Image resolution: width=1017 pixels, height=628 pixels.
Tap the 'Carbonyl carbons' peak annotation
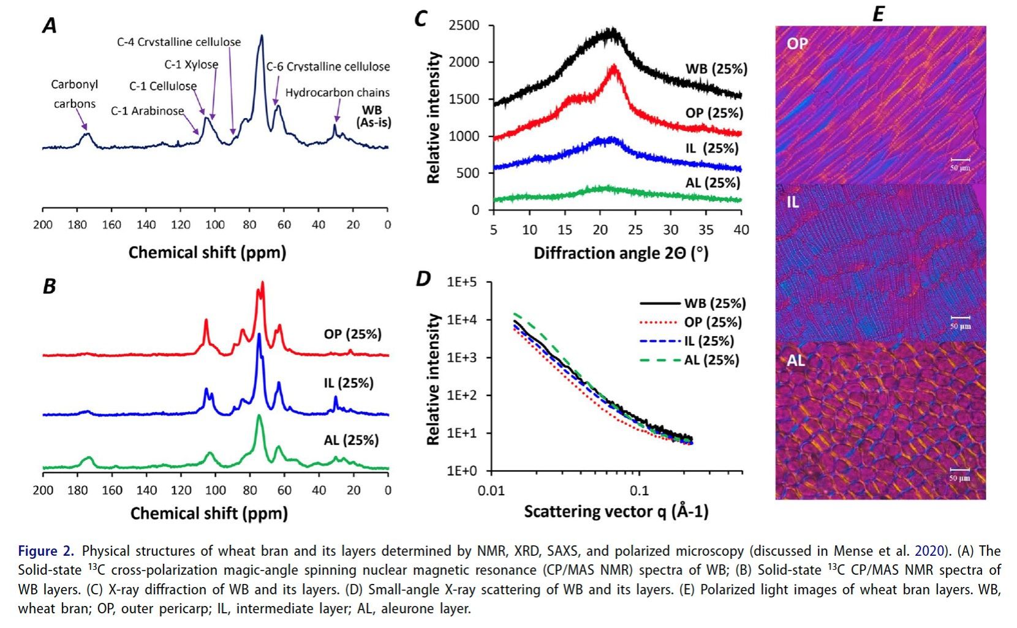[74, 94]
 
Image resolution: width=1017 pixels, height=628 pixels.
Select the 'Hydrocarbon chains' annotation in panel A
[337, 92]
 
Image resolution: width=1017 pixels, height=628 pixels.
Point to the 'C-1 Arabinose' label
[147, 111]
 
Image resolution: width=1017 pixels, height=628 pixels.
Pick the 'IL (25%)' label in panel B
[348, 383]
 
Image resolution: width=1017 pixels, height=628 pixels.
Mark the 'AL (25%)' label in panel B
[351, 440]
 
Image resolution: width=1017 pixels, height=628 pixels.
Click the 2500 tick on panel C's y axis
[463, 25]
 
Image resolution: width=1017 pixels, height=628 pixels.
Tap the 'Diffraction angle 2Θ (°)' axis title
[621, 253]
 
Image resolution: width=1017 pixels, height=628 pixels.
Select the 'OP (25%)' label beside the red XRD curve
[714, 113]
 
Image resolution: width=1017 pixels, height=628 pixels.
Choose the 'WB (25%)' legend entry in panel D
[714, 303]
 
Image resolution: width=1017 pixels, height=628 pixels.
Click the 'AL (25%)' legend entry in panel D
[711, 360]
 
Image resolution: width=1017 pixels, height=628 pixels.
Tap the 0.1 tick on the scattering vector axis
[639, 490]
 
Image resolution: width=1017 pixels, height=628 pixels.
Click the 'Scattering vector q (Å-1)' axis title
[616, 512]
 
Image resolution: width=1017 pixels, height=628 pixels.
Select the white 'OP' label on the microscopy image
[797, 43]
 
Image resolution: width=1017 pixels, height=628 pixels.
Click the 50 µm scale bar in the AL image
[960, 473]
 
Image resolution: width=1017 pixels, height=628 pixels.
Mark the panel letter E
[878, 13]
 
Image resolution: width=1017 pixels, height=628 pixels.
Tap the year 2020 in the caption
[929, 551]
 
